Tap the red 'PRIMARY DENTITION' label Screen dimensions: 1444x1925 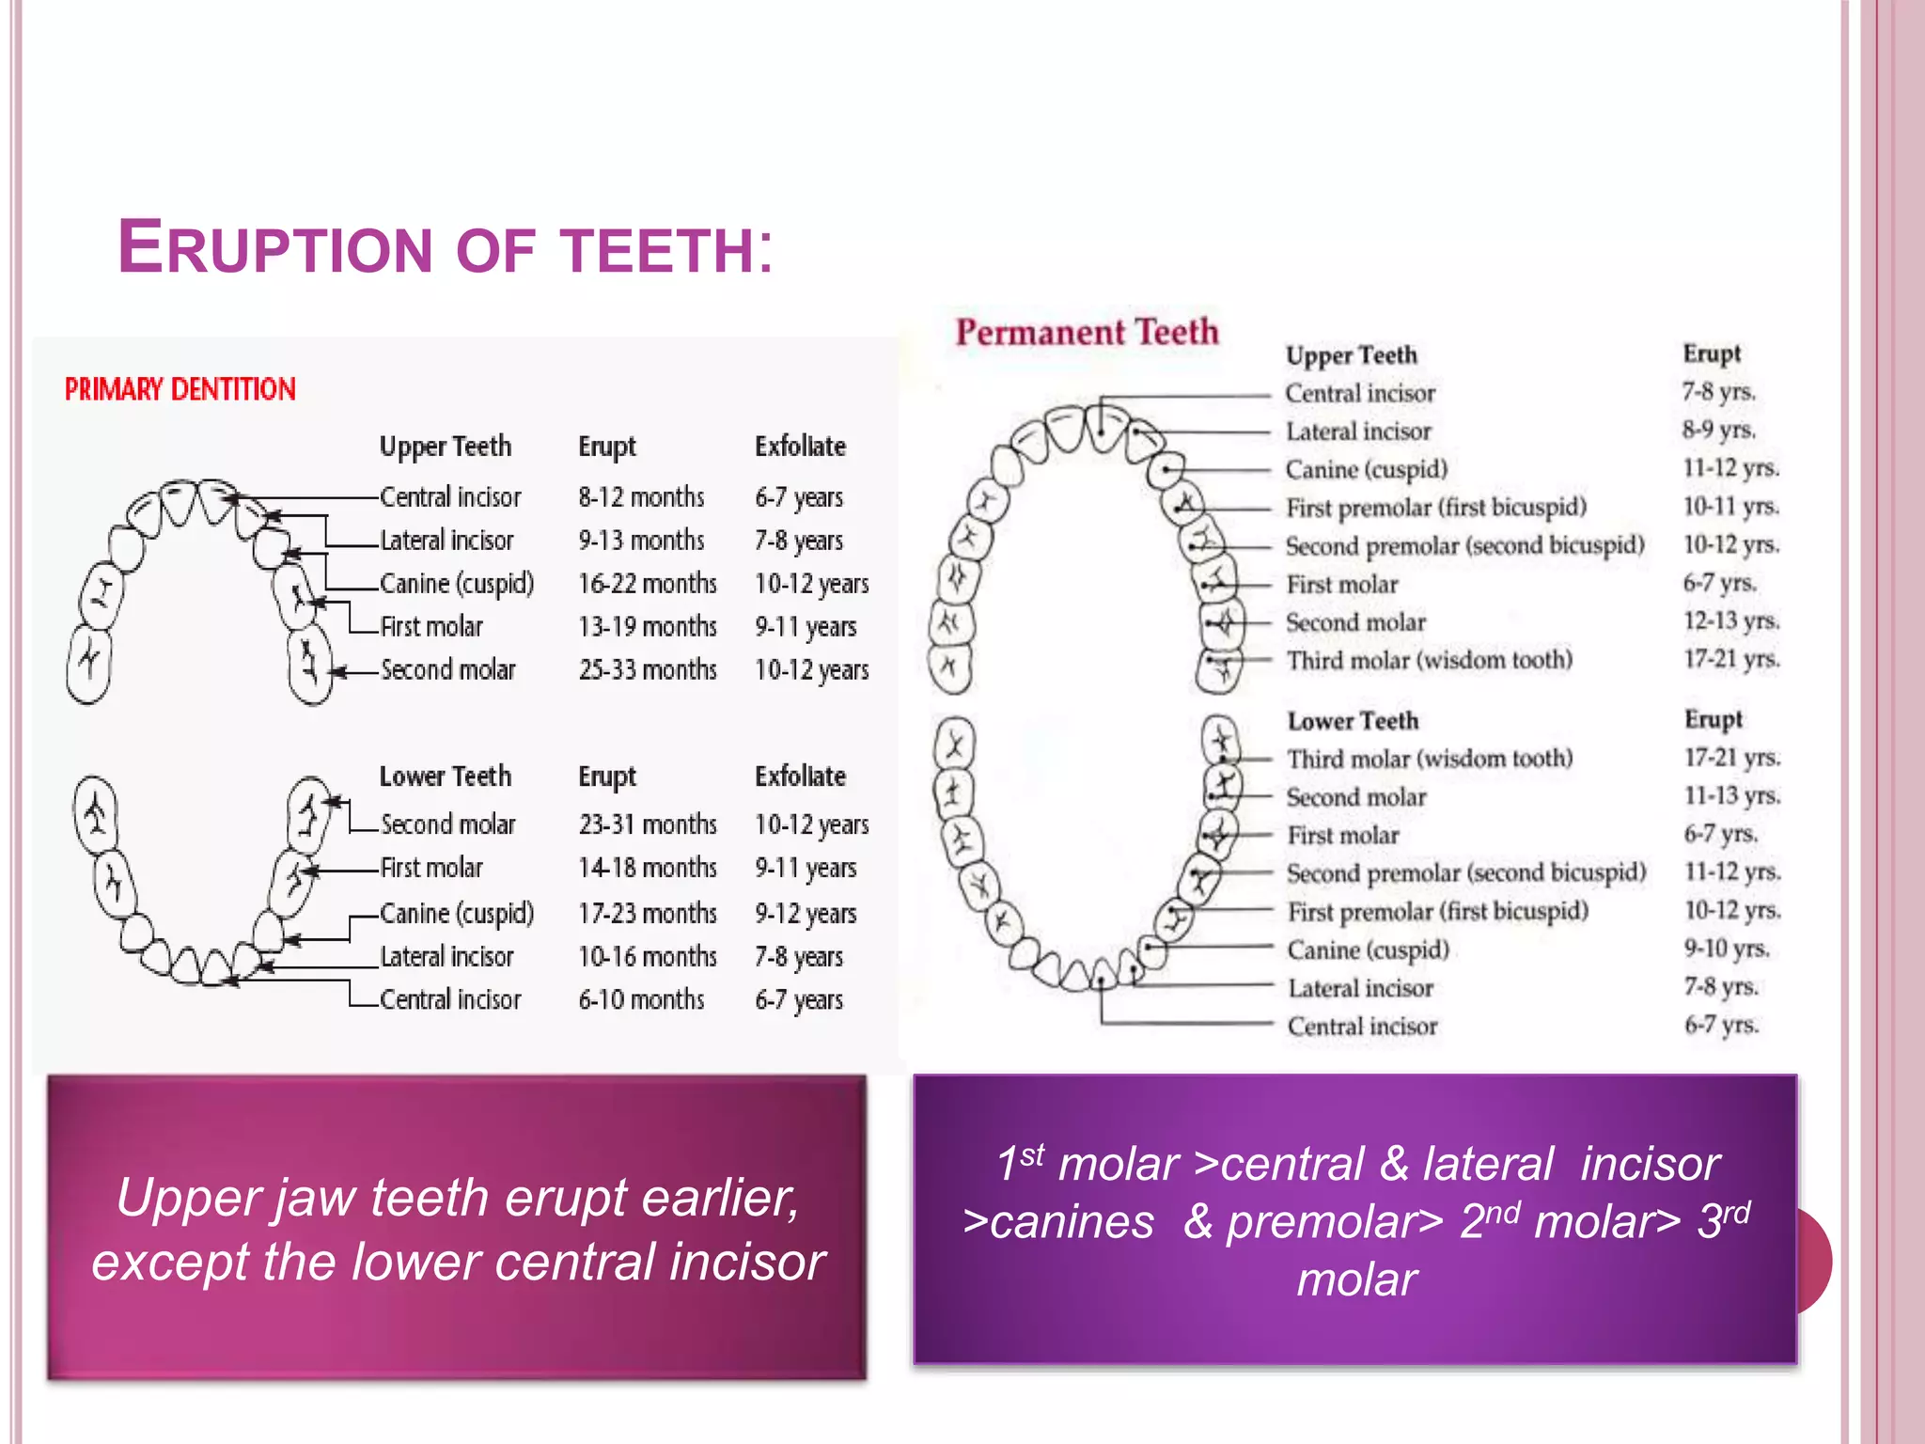[180, 389]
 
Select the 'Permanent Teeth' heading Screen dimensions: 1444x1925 [1087, 332]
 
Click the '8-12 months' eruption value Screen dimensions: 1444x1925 [641, 496]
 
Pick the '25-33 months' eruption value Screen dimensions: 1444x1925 [648, 669]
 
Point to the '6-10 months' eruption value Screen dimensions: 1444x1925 [641, 999]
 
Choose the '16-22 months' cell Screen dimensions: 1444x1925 [648, 583]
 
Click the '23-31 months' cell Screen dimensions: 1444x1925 [648, 824]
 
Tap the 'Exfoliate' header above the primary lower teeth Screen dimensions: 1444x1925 [800, 777]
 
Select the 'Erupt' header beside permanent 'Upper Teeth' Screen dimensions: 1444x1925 [1712, 353]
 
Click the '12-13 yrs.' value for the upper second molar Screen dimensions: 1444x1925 [1731, 621]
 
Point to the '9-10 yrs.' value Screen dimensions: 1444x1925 [1727, 949]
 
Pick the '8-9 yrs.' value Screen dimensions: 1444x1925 [1719, 430]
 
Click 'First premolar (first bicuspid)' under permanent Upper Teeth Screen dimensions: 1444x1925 [1436, 508]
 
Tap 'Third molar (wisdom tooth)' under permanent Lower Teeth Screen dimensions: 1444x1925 [1430, 759]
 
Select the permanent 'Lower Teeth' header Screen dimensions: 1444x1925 [1353, 721]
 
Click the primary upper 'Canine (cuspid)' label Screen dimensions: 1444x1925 [457, 583]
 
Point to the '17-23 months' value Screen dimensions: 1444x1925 [648, 913]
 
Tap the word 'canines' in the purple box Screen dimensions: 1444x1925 [1071, 1222]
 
